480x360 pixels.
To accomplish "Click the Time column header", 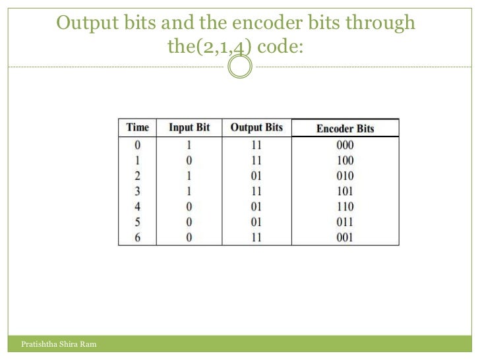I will pyautogui.click(x=137, y=127).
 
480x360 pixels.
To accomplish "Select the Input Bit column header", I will pyautogui.click(x=189, y=127).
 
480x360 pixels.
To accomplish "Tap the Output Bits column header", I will pyautogui.click(x=256, y=127).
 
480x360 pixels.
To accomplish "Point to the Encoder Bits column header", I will pyautogui.click(x=345, y=129).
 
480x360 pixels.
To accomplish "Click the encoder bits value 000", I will pyautogui.click(x=344, y=145).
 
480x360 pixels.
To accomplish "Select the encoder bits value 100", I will pyautogui.click(x=344, y=160).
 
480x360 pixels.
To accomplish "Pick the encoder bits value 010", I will pyautogui.click(x=344, y=176).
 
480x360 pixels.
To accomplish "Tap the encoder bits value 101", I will pyautogui.click(x=344, y=191).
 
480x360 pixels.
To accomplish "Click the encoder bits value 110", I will pyautogui.click(x=344, y=207).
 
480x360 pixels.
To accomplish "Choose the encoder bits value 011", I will pyautogui.click(x=344, y=222).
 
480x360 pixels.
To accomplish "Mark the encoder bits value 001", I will pyautogui.click(x=344, y=237).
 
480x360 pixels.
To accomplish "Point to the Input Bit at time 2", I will pyautogui.click(x=189, y=176).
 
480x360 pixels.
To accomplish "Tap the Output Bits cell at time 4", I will pyautogui.click(x=256, y=207).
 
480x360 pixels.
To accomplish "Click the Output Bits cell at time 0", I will pyautogui.click(x=256, y=145).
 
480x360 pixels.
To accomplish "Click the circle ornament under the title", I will pyautogui.click(x=240, y=67).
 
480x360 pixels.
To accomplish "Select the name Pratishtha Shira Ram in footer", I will pyautogui.click(x=59, y=344).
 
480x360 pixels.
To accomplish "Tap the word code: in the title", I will pyautogui.click(x=281, y=47).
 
